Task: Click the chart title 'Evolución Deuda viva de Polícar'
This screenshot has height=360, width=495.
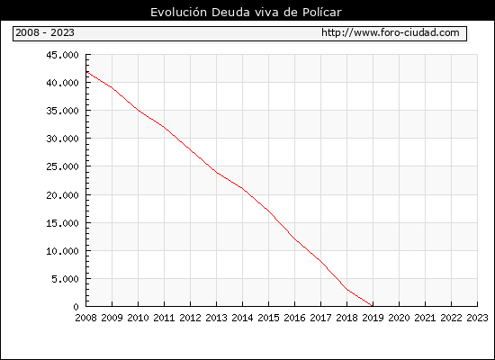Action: pos(246,12)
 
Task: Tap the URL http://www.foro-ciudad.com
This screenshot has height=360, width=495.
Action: pos(391,32)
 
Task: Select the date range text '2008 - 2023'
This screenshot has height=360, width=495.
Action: pos(45,32)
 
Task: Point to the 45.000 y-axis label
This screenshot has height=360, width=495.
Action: pos(62,55)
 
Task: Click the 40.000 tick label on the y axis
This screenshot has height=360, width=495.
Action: pos(62,83)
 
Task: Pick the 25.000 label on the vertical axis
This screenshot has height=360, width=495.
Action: pos(62,166)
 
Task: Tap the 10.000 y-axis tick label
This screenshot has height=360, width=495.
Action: pos(62,251)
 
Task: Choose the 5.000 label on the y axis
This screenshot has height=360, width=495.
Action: pos(66,279)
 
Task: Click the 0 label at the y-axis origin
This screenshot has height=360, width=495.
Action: pos(76,307)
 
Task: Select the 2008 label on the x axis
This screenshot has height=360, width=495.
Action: pos(85,318)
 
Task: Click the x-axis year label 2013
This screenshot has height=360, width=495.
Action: pos(217,318)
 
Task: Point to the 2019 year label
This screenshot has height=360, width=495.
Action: pos(373,318)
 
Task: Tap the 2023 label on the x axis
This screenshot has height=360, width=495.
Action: pos(477,318)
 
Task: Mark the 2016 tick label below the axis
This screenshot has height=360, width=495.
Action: pos(295,318)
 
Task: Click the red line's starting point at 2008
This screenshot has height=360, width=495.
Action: pos(86,72)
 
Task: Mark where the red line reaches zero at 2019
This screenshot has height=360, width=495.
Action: pos(373,306)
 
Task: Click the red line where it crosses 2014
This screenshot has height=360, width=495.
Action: pos(242,188)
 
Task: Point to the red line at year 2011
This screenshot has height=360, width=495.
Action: pos(164,127)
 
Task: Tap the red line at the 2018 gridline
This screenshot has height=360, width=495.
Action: pos(346,289)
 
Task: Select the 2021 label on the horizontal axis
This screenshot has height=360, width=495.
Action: pos(425,318)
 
